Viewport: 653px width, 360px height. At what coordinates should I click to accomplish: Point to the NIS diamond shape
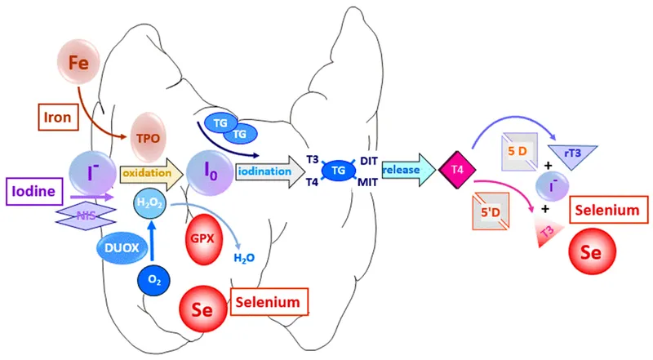coord(86,216)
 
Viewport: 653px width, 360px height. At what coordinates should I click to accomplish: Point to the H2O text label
coord(245,258)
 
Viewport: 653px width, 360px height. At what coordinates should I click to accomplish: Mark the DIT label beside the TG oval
coord(370,161)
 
